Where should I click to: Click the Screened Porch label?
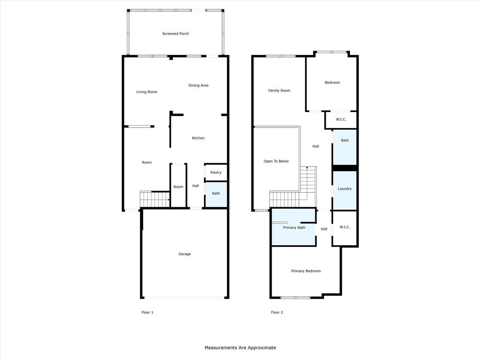pos(175,34)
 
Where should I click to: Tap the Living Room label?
pos(147,92)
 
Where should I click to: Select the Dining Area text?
pos(198,85)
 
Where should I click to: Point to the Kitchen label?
pos(198,138)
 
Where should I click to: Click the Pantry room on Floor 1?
pos(216,172)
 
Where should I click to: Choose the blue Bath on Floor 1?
pos(216,194)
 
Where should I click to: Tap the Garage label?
pos(185,254)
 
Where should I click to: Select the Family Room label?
pos(279,90)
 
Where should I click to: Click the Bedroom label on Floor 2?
pos(332,82)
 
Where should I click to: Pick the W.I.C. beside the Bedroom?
pos(341,120)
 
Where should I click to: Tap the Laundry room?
pos(345,189)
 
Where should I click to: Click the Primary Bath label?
pos(294,228)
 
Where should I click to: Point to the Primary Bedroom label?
pos(306,271)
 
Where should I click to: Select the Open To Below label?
pos(276,161)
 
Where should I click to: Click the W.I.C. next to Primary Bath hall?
pos(345,227)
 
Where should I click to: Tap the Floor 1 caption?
pos(147,312)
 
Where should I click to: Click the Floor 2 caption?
pos(277,312)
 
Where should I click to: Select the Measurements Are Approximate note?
pos(240,348)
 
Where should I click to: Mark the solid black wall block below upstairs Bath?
pos(345,168)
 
